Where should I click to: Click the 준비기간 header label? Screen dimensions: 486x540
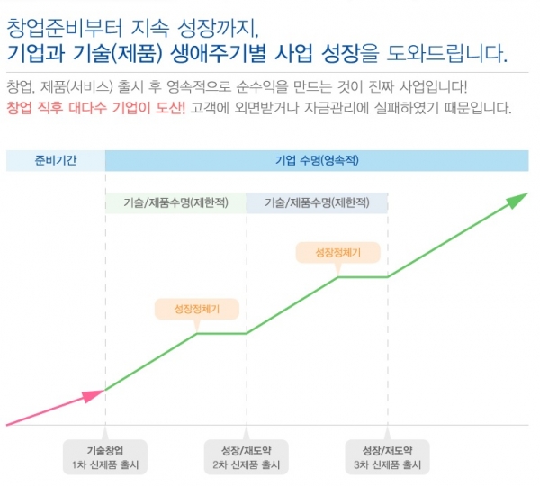(x=55, y=159)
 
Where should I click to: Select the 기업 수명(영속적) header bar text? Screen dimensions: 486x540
(x=316, y=159)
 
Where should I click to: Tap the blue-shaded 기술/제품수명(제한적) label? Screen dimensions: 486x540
(x=317, y=202)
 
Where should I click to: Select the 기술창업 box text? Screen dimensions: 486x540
(x=105, y=449)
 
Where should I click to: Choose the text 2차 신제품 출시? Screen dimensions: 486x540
(x=247, y=465)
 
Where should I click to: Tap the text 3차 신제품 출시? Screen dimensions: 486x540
(x=387, y=465)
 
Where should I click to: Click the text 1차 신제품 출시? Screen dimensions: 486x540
(x=105, y=465)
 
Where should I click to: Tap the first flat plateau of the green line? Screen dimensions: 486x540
(x=221, y=333)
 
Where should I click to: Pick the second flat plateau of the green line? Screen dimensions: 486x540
(x=362, y=277)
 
